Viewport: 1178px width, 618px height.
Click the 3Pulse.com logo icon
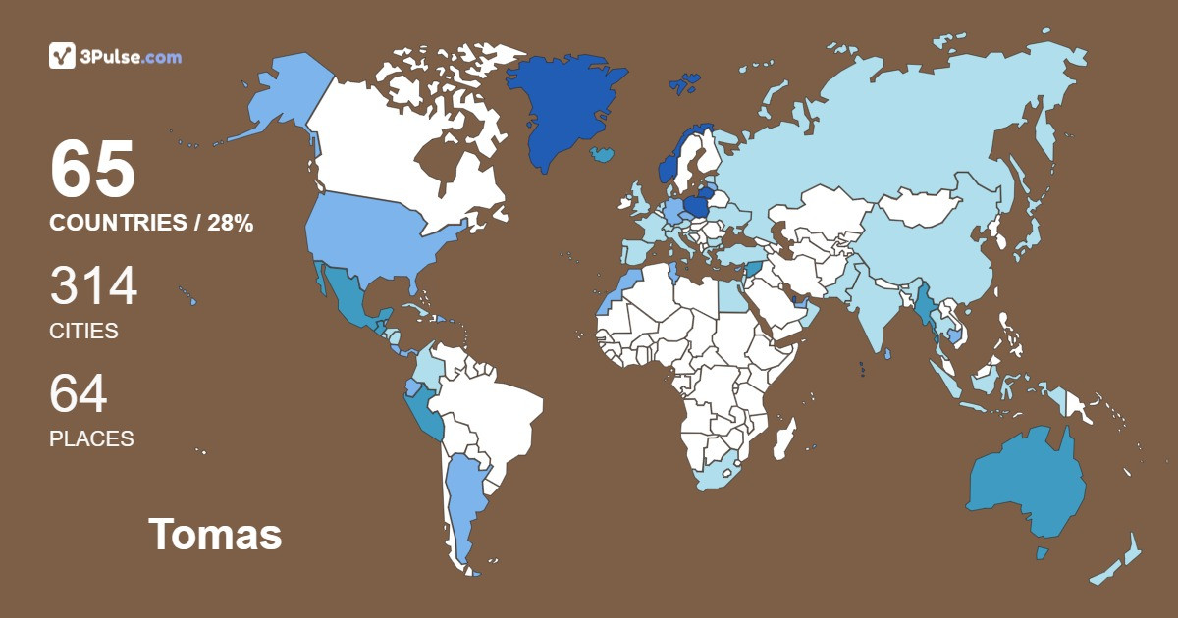tap(62, 56)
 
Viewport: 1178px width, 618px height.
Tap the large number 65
tap(92, 170)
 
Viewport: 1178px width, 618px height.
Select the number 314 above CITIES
tap(93, 286)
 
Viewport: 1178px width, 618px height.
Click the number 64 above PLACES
tap(79, 394)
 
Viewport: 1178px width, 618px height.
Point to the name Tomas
tap(215, 535)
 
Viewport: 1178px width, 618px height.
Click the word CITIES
tap(83, 332)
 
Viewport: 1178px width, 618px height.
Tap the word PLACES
tap(91, 439)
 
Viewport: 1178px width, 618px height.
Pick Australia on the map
tap(1026, 486)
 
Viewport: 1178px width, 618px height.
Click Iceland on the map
tap(604, 154)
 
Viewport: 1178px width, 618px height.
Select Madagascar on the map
tap(784, 438)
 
